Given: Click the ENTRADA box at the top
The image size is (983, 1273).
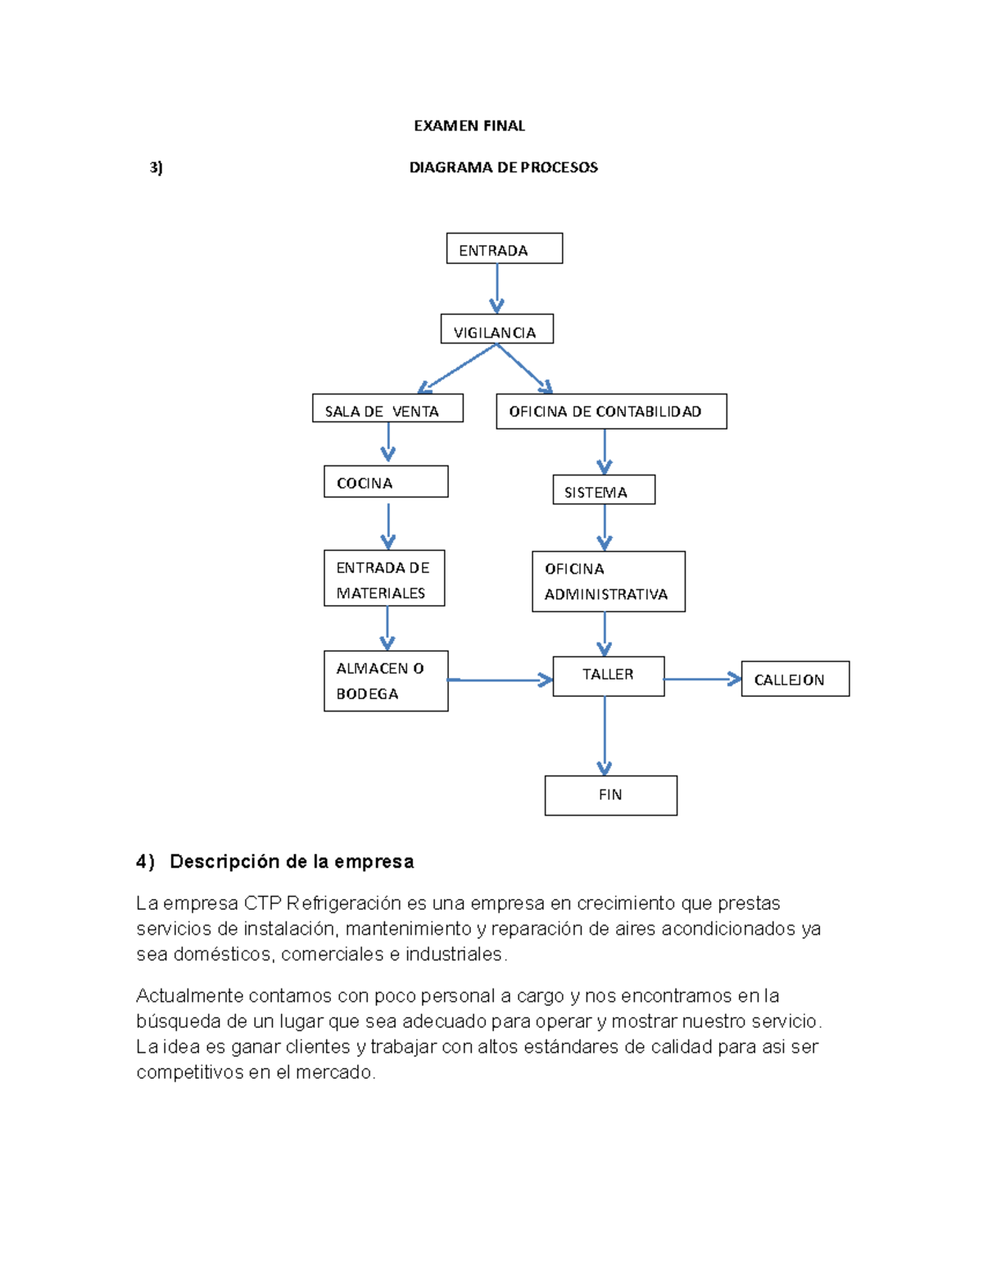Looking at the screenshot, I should pos(504,248).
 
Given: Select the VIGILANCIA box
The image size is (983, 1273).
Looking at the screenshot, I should pos(496,330).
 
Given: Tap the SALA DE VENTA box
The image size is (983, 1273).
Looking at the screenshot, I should pos(387,409).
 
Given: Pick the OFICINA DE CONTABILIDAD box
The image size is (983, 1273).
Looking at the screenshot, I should pos(611,411).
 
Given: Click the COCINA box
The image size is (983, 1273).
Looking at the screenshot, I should pos(386,482).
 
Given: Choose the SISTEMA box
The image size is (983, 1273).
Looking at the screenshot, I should pos(604,490).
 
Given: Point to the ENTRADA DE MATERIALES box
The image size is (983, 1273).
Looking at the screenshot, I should pos(384,579).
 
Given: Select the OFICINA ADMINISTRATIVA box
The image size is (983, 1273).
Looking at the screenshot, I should pos(608,582).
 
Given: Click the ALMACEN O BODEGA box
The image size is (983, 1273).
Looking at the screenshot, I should pos(386,681).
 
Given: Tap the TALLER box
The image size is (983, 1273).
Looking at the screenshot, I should pos(608,676).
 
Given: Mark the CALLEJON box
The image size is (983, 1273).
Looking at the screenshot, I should pos(795,679).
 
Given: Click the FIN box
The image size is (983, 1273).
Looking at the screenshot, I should pos(610,795).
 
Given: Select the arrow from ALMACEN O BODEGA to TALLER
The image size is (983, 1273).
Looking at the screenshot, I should pos(500,680).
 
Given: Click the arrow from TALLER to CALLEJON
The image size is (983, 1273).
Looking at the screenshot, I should pos(701,679).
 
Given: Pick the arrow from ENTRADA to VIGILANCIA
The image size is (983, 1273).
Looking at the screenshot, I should pos(496,287).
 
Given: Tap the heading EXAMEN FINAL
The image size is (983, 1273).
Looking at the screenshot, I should pos(469,125).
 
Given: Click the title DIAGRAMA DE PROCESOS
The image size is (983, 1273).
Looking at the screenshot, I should pos(503,167).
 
